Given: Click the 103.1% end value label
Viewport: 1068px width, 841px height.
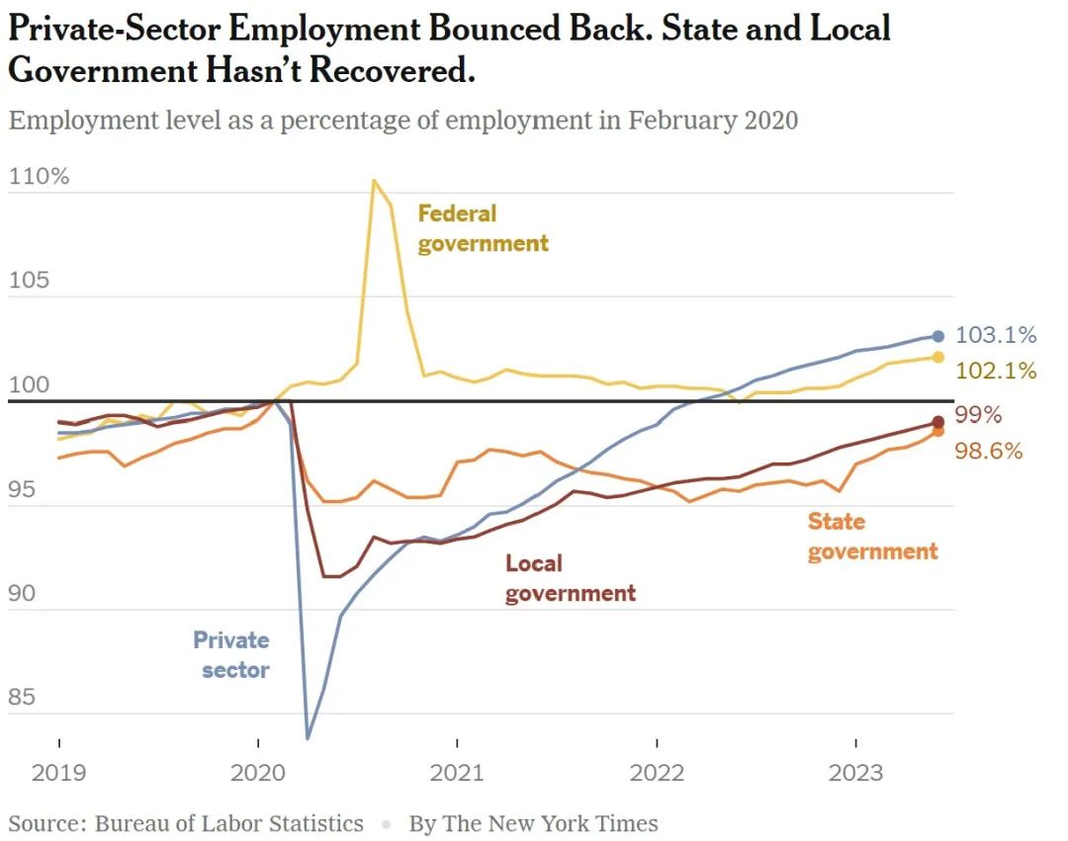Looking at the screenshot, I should [x=996, y=335].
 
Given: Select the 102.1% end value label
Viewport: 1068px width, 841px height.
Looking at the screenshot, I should [x=996, y=371].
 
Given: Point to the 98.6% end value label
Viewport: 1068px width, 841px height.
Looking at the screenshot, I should [x=988, y=451].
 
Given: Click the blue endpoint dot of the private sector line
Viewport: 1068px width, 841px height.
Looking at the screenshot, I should [x=938, y=336].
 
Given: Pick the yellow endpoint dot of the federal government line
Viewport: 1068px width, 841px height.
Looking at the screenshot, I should [x=938, y=357].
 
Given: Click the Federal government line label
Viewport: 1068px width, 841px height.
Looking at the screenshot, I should [x=482, y=228].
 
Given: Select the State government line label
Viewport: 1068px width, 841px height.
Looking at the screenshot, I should [x=872, y=537].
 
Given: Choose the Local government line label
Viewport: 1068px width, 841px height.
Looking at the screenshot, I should [x=570, y=578].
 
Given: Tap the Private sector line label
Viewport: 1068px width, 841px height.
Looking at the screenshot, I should [x=232, y=655].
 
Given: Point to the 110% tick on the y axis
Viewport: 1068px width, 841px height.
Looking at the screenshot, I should [x=39, y=177].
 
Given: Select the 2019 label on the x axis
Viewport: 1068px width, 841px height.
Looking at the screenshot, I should [x=59, y=773].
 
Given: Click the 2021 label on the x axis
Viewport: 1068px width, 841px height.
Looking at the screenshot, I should [x=457, y=773].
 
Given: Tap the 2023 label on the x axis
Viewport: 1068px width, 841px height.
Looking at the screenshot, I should [x=854, y=773].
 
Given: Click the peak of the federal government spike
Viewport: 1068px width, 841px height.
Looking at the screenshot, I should [x=374, y=180].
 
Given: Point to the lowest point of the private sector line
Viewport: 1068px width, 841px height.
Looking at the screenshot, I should [x=309, y=737].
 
